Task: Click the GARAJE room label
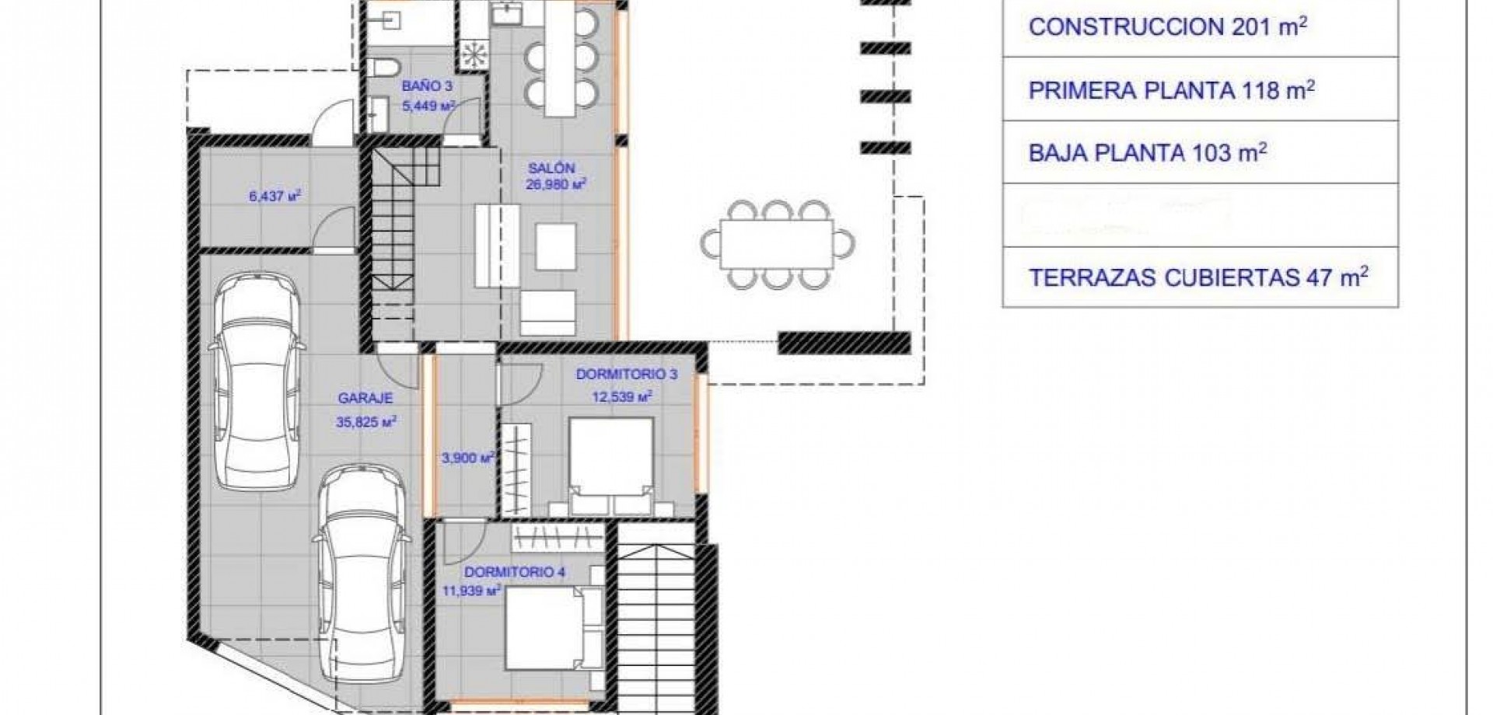point(365,398)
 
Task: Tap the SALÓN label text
point(551,168)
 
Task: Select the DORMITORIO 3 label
point(626,375)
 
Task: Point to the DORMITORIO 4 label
point(515,573)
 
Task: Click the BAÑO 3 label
point(427,86)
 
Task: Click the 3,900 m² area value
point(468,459)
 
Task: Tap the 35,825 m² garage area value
point(366,422)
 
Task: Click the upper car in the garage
point(256,381)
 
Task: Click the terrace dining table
point(777,244)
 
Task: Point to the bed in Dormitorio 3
point(610,465)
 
